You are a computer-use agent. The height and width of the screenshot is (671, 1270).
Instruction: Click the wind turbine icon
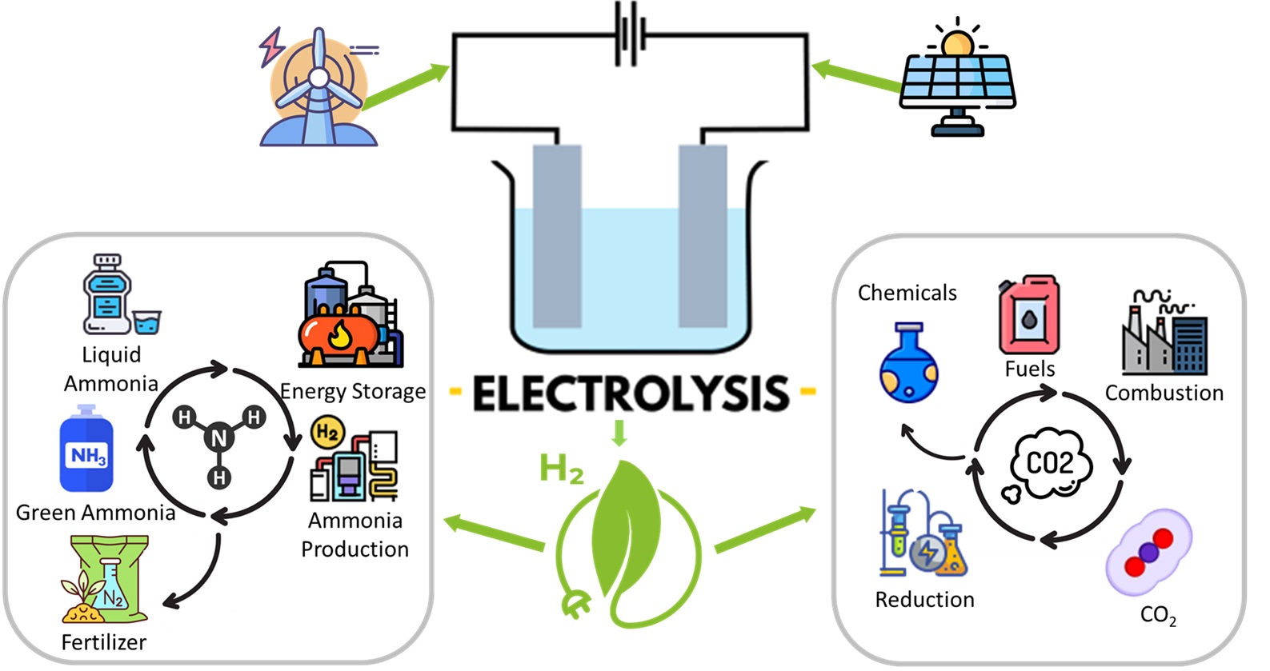(x=319, y=88)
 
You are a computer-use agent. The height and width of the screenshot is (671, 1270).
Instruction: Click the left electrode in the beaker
(x=557, y=236)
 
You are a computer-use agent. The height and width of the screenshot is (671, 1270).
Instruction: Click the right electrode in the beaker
(x=703, y=236)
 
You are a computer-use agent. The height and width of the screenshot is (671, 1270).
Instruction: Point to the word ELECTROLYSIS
(x=631, y=393)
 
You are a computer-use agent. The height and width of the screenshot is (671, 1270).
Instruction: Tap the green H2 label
(x=561, y=468)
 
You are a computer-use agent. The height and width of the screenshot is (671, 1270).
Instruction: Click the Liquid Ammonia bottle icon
(x=112, y=296)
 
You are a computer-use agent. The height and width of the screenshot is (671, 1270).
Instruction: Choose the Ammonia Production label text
(x=355, y=535)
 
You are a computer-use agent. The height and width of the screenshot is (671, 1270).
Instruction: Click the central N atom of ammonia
(x=218, y=437)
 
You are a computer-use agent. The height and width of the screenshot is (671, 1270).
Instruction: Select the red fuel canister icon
(x=1029, y=315)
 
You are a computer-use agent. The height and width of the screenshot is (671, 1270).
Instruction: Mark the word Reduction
(x=924, y=600)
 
